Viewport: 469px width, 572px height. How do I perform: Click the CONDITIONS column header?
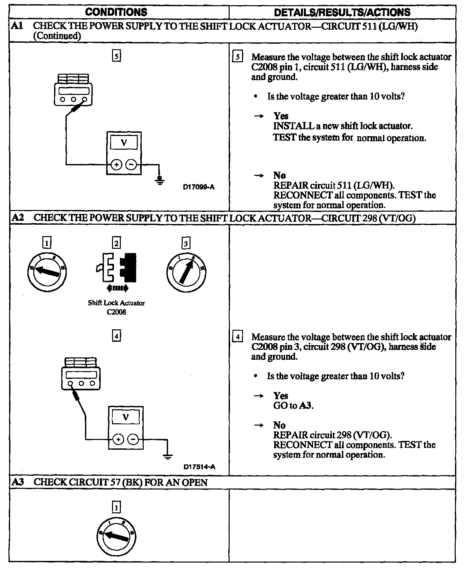tap(116, 12)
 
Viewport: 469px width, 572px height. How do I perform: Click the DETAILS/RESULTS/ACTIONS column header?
tap(342, 12)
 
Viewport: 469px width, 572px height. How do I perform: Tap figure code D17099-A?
tap(199, 187)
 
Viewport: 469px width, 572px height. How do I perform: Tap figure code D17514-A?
tap(199, 467)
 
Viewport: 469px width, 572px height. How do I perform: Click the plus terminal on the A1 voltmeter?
tap(116, 165)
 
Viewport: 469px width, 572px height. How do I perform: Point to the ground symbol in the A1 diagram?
tap(160, 180)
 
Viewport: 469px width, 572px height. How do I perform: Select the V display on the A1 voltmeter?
tap(124, 142)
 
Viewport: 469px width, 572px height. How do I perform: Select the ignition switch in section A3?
tap(116, 536)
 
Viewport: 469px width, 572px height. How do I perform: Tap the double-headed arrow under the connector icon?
tap(118, 288)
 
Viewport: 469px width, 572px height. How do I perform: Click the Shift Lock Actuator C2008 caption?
tap(116, 307)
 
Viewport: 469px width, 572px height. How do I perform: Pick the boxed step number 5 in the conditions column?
tap(116, 56)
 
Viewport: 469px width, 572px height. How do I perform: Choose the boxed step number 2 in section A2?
tap(116, 243)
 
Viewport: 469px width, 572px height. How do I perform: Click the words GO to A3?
tap(293, 406)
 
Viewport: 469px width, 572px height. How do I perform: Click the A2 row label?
tap(18, 218)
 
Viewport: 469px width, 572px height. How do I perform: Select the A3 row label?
tap(18, 482)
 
